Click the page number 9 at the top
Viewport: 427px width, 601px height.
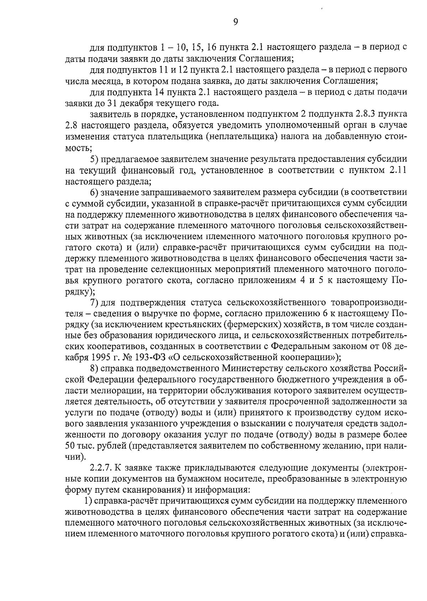[x=235, y=22]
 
